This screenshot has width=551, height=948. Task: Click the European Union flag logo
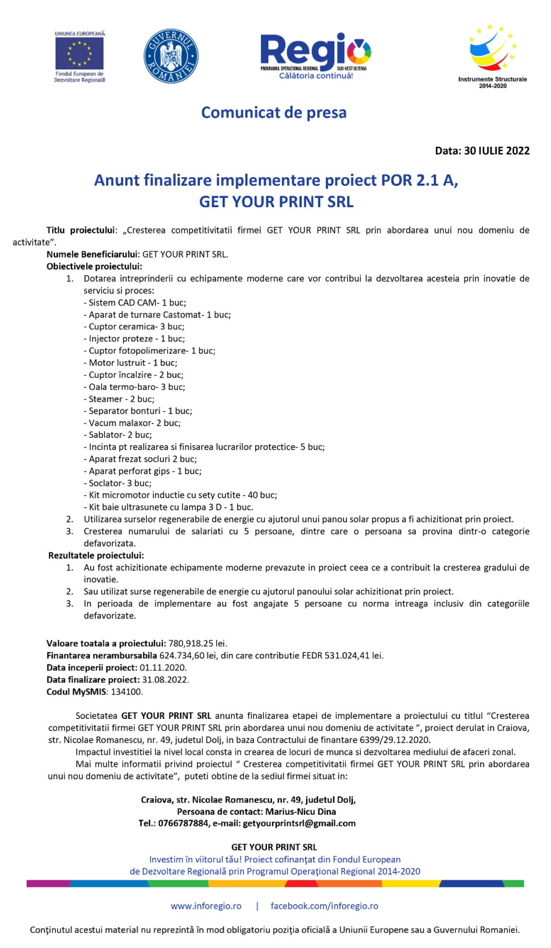click(x=79, y=54)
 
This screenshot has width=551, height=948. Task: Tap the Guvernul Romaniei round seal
click(x=171, y=56)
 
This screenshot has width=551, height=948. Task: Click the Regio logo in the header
click(x=315, y=55)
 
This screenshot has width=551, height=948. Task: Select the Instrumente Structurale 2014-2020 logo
click(x=492, y=56)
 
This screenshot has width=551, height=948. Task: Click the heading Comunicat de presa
click(x=273, y=113)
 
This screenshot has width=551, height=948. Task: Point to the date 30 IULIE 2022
click(x=497, y=151)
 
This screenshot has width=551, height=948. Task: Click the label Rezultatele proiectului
click(x=96, y=555)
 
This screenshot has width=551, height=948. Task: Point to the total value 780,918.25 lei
click(x=198, y=643)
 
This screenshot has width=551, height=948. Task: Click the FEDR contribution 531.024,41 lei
click(x=353, y=655)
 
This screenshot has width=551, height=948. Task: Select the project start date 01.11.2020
click(x=163, y=667)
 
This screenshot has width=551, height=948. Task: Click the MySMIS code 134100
click(x=127, y=691)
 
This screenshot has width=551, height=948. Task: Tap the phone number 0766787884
click(x=183, y=823)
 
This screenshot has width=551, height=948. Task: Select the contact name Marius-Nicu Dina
click(x=301, y=811)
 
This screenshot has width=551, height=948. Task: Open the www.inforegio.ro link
click(x=206, y=906)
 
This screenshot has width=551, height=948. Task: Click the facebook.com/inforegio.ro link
click(x=324, y=906)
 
